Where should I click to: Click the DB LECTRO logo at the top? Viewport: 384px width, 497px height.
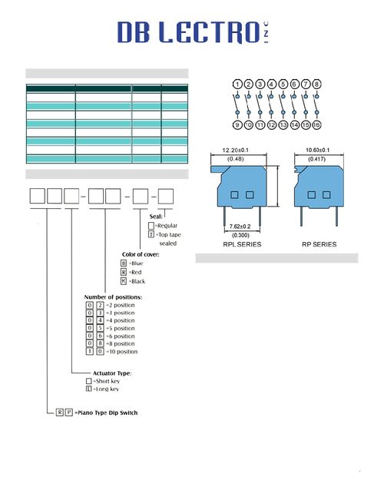tap(194, 32)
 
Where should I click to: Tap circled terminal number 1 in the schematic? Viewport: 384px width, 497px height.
tap(237, 84)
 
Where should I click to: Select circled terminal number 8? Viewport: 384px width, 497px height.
tap(316, 84)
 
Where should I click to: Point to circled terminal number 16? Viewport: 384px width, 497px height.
tap(316, 125)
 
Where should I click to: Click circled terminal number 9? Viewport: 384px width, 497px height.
tap(237, 125)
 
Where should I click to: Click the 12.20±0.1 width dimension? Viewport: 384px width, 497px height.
tap(236, 151)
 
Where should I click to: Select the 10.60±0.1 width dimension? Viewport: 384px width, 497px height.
tap(317, 150)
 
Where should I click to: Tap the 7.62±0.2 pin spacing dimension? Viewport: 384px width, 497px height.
tap(240, 227)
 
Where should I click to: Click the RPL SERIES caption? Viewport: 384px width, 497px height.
tap(242, 244)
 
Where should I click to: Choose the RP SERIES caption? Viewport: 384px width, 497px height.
tap(319, 244)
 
